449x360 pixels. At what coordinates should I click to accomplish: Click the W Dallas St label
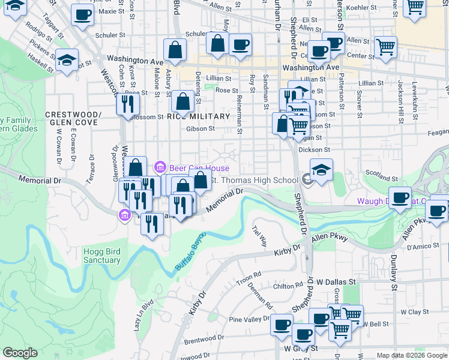coord(336,281)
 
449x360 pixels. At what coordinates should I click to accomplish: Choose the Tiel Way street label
coord(259,236)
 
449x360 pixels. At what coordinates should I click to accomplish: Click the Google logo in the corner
coord(20,353)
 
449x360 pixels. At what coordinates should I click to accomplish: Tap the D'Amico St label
coord(422,247)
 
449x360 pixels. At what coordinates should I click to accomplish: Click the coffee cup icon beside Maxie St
coord(82,14)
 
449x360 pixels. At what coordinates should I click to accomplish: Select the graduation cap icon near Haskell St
coord(67,59)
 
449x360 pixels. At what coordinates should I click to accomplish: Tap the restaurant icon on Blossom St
coord(128,104)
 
